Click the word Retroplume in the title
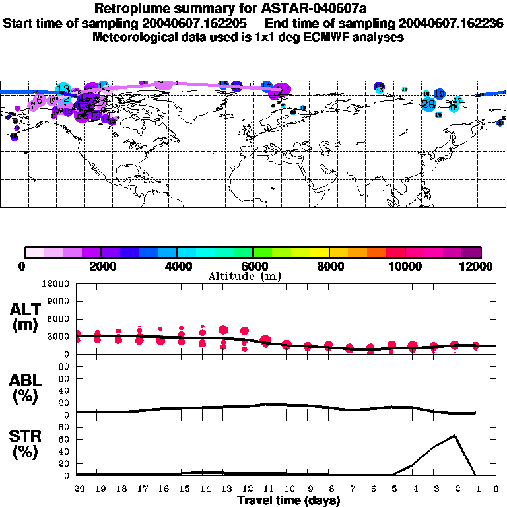pyautogui.click(x=129, y=9)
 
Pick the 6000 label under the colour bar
pyautogui.click(x=253, y=266)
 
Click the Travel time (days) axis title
pyautogui.click(x=288, y=501)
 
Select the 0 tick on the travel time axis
pyautogui.click(x=496, y=489)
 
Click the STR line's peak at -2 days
pyautogui.click(x=454, y=436)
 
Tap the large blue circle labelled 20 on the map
pyautogui.click(x=428, y=104)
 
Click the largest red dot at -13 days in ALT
pyautogui.click(x=223, y=330)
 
